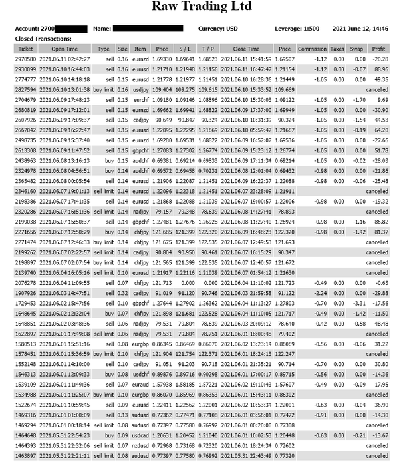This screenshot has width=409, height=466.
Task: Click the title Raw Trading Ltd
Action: point(202,7)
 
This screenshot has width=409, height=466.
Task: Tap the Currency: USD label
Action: point(217,29)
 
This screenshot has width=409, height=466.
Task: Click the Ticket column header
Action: point(25,49)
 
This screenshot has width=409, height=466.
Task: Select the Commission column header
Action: point(312,49)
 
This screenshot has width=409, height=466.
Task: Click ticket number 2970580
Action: point(25,59)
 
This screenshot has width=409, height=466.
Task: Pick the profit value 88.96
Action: point(380,69)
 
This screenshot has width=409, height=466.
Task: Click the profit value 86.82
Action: point(380,222)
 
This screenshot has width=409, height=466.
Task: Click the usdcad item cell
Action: point(140,436)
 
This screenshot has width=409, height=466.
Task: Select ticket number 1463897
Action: point(25,455)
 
